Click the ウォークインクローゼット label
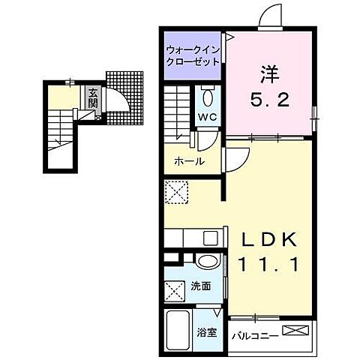[192, 56]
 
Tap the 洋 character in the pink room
[270, 74]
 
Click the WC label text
[207, 118]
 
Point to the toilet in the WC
[208, 98]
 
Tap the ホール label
[189, 161]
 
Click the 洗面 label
[199, 285]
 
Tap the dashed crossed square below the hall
[178, 193]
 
